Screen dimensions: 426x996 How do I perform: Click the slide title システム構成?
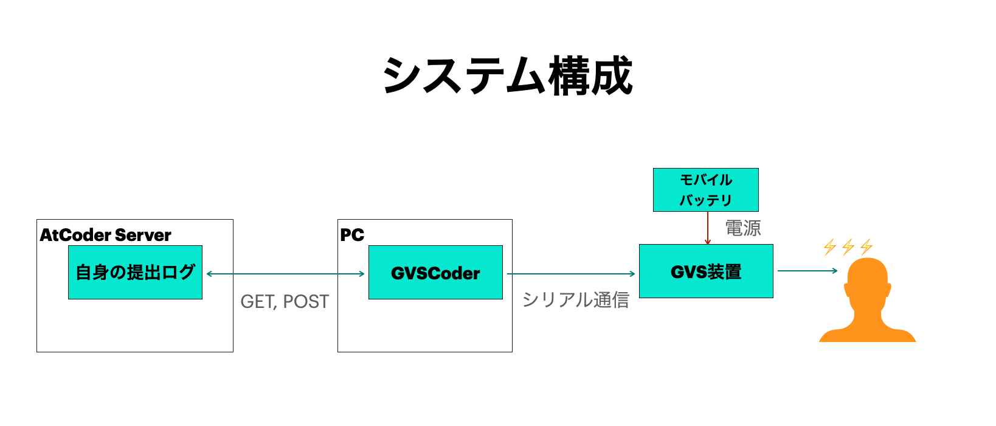tap(508, 76)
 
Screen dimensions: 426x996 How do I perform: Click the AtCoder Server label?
tap(105, 235)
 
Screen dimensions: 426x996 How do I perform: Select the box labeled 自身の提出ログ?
tap(135, 272)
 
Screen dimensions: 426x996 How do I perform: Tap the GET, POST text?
tap(285, 301)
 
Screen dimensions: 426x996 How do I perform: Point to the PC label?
tap(352, 235)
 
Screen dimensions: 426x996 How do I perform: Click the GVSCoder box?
tap(435, 273)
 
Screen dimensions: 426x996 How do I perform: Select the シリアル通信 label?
tap(575, 299)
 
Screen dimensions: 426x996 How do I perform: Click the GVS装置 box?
tap(706, 271)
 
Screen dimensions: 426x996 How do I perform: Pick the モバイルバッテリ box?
tap(705, 190)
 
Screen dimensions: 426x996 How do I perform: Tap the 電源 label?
tap(742, 228)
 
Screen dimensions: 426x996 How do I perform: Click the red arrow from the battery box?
tap(708, 228)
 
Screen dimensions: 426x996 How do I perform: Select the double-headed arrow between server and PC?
tap(286, 274)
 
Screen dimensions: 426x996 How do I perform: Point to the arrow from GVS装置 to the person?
tap(808, 271)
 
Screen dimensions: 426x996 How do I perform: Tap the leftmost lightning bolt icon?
tap(829, 246)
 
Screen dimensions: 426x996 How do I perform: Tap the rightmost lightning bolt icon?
tap(866, 246)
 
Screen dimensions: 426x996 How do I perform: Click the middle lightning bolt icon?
tap(848, 246)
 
